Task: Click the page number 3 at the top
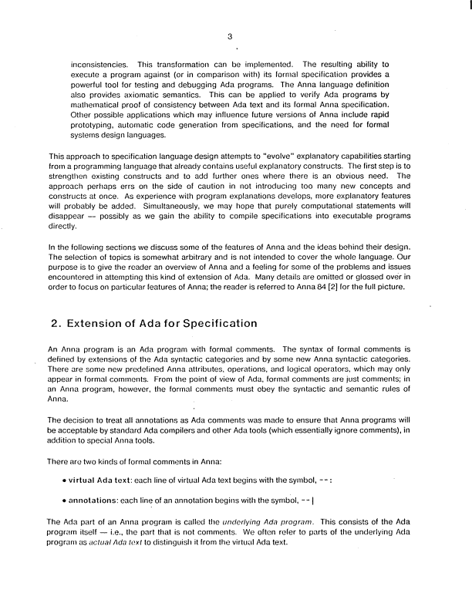[x=231, y=35]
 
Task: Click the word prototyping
[x=96, y=126]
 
